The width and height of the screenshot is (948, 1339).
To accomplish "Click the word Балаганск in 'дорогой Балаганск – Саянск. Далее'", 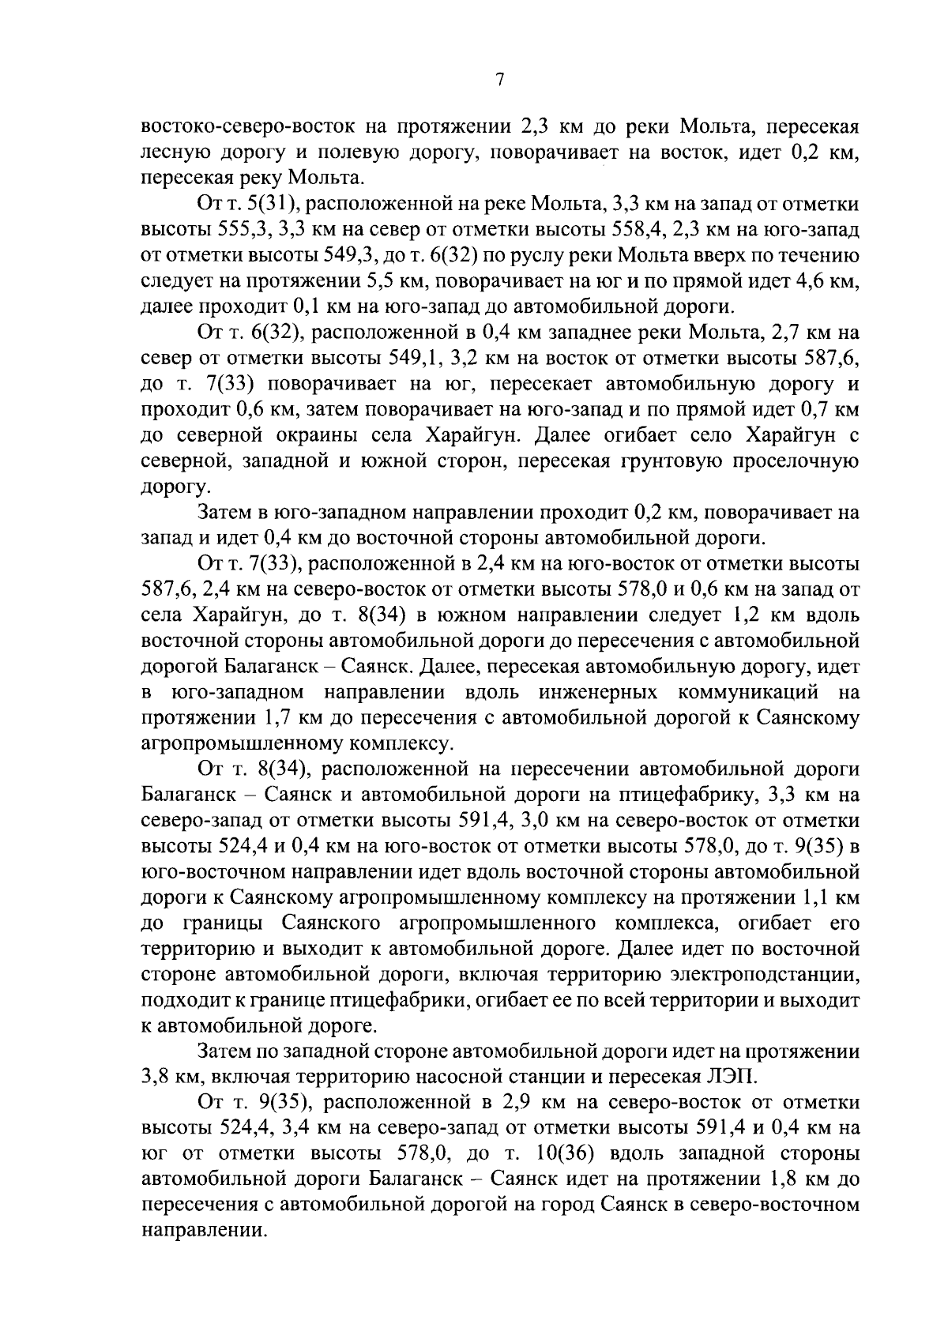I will pyautogui.click(x=260, y=666).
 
